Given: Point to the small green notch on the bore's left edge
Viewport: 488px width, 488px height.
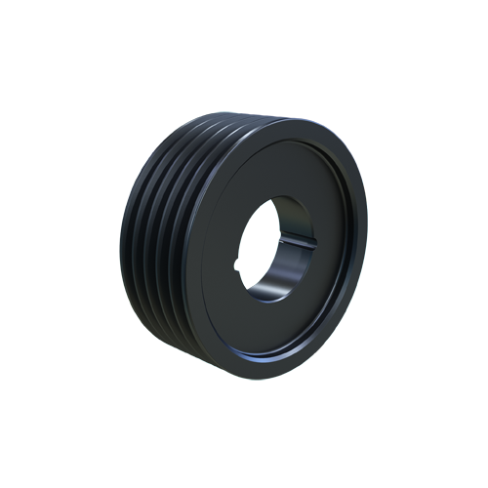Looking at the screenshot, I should point(235,262).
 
